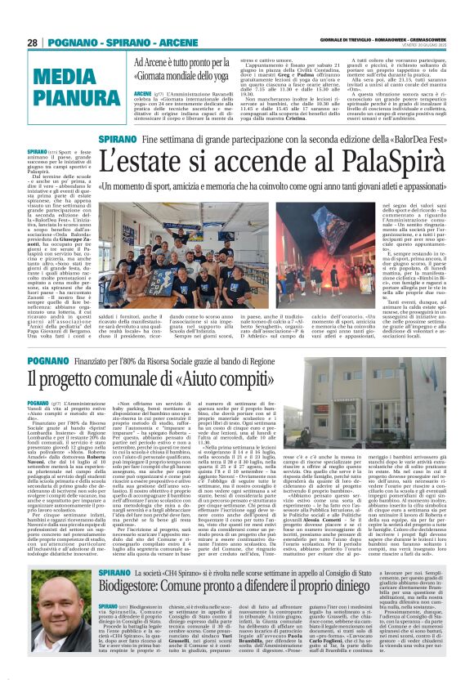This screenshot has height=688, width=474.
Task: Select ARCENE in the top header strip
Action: coord(172,42)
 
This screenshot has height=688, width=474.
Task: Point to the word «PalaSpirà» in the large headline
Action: coord(369,164)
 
